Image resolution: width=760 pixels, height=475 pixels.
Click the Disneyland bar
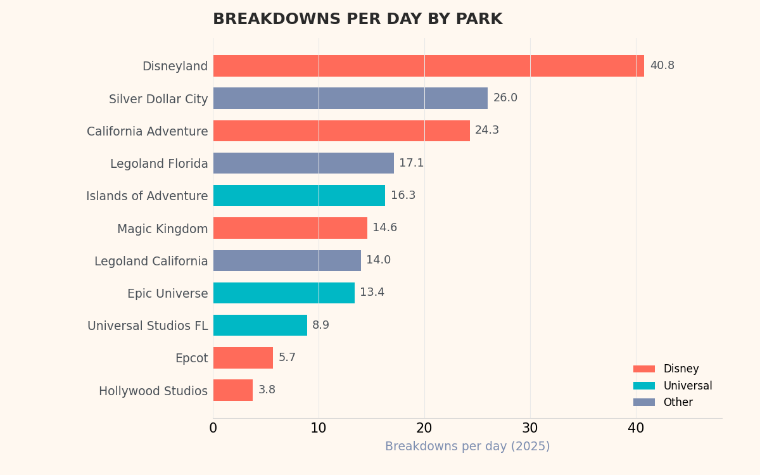(428, 66)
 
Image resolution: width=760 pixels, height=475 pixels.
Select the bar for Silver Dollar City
(350, 98)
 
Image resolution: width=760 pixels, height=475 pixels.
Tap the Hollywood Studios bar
(232, 390)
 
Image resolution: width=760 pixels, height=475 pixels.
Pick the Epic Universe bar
(284, 293)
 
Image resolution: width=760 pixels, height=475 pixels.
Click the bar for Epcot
(243, 358)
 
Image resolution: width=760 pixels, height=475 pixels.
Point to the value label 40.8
(662, 66)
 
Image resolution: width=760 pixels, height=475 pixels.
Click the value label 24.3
(487, 130)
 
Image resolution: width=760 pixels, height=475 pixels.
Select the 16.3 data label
(403, 196)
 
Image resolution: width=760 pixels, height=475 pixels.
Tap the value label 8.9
(320, 326)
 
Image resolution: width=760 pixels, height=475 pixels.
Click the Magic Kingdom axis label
(162, 229)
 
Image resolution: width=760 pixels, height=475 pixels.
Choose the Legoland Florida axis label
(159, 164)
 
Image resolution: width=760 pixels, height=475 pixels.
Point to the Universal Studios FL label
(148, 326)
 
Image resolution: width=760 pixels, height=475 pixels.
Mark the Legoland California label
(151, 262)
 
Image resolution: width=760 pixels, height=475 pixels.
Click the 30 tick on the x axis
(530, 429)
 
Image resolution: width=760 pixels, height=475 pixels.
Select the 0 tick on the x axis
(213, 429)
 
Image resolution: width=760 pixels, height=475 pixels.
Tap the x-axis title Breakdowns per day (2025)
(467, 447)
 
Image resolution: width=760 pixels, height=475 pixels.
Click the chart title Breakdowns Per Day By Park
(357, 20)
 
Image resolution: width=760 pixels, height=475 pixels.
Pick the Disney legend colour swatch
(643, 369)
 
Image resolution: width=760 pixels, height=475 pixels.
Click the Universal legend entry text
(687, 386)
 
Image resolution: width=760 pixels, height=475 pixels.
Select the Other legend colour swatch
(643, 402)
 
